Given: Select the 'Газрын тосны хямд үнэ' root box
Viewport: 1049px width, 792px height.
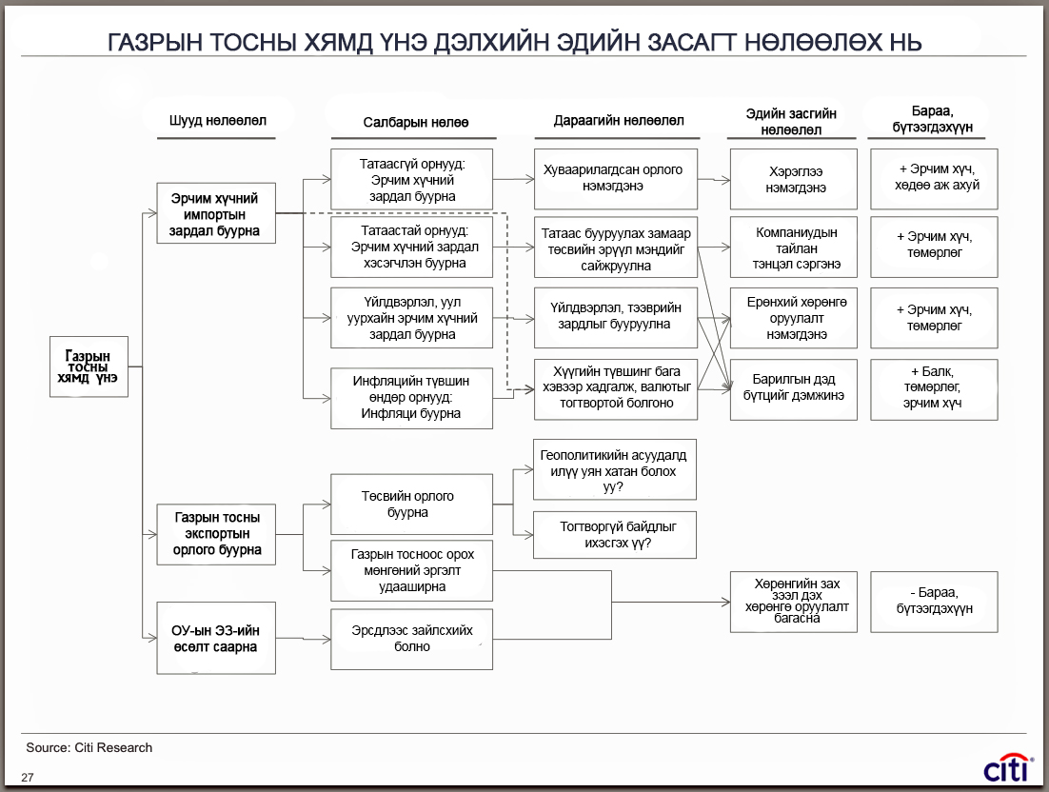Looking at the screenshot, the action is click(89, 366).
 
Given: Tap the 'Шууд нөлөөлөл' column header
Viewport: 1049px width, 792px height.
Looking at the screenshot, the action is click(217, 120).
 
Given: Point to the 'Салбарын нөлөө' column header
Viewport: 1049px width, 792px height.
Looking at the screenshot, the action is click(415, 123).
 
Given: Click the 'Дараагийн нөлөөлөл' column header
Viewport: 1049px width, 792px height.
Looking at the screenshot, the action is click(618, 120).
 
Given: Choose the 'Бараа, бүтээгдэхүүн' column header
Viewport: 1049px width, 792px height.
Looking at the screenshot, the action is click(932, 119).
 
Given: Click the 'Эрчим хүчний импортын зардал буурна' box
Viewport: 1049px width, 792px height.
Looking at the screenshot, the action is click(216, 213).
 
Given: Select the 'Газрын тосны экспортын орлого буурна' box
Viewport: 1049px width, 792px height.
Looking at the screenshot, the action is click(216, 534).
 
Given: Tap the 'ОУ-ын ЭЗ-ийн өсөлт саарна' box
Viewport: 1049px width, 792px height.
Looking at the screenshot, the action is click(216, 638).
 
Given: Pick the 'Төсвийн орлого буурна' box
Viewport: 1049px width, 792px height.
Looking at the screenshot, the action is click(411, 505).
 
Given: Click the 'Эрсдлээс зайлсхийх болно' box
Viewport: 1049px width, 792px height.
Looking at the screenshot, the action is click(411, 639).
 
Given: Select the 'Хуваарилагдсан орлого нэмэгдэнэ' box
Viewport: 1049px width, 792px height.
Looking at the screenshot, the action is click(616, 179).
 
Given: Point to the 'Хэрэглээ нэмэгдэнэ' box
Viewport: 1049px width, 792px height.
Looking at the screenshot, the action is click(794, 179).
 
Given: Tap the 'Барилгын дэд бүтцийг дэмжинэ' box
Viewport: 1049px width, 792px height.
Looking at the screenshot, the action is click(794, 389).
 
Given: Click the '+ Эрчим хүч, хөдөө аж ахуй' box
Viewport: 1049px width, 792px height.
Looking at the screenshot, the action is click(934, 179).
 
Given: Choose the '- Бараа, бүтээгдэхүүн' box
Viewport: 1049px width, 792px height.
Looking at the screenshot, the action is click(934, 602).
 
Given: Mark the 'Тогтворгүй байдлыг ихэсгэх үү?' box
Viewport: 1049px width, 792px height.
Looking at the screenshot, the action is click(615, 535).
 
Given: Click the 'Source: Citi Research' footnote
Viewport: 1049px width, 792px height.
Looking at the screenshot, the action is click(89, 748).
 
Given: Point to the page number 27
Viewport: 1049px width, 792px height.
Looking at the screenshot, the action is click(28, 778).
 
